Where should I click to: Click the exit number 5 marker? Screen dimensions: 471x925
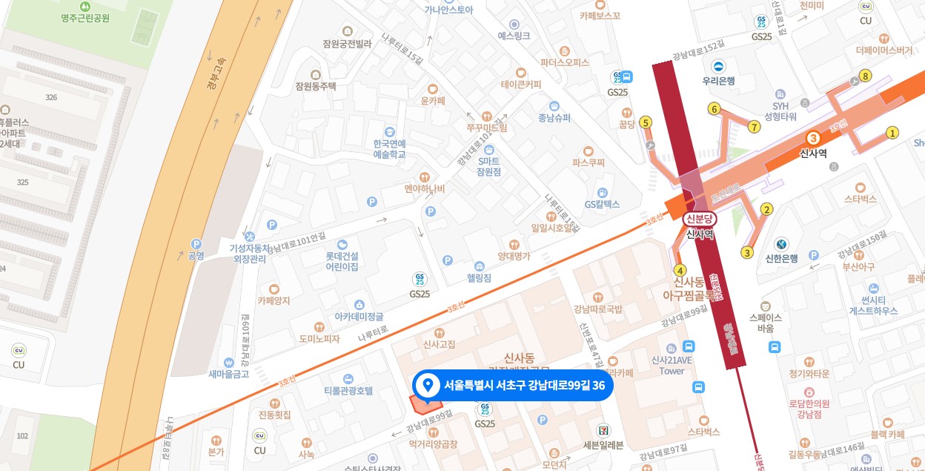pos(646,122)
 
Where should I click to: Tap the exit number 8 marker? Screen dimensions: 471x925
pos(864,76)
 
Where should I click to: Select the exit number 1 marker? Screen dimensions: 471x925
pos(892,133)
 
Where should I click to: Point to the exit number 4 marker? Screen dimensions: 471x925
pos(680,269)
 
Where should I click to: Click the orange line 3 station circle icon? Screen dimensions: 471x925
pos(813,138)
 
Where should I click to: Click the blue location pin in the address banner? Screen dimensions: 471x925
pos(426,385)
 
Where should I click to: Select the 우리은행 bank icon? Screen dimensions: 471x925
pos(718,67)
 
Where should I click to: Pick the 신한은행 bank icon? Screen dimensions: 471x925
pos(781,244)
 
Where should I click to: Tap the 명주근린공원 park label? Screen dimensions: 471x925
pos(76,18)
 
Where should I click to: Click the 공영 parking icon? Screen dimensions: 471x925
pos(196,243)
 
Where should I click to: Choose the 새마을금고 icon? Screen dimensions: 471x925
pos(229,362)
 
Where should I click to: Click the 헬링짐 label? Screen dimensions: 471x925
pos(479,278)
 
